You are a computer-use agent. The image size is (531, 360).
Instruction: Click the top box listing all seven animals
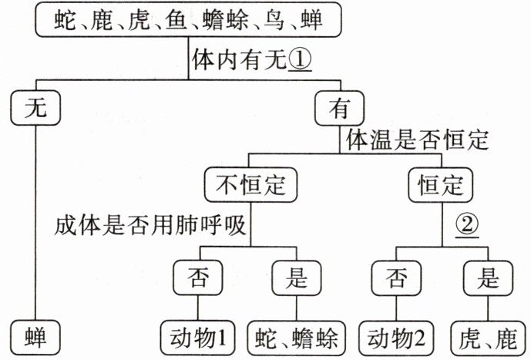coord(188,19)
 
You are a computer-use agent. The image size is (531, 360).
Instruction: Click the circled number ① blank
coord(300,60)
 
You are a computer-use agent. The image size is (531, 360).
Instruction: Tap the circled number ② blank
coord(467,224)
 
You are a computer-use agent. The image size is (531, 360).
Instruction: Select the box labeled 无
coord(35,108)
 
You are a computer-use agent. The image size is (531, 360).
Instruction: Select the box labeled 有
coord(340,108)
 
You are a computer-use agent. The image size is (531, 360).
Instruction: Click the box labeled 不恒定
coord(250,185)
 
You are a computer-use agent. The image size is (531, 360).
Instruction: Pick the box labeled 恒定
coord(440,185)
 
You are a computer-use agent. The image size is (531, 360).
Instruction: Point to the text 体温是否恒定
coord(417,140)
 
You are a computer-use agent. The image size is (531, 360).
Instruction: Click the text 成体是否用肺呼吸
coord(150,225)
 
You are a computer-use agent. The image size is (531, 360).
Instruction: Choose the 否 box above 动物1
coord(198,278)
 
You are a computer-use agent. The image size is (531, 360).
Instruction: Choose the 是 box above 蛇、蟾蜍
coord(296,278)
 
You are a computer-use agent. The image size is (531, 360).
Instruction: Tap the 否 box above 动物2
coord(396,278)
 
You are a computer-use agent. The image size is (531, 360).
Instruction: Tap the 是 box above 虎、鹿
coord(488,278)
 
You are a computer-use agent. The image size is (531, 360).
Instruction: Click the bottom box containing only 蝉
coord(35,338)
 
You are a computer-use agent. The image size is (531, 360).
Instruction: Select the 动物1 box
coord(198,338)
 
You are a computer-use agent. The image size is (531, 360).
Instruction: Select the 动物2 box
coord(396,338)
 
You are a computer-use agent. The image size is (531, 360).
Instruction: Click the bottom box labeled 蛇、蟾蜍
coord(297,338)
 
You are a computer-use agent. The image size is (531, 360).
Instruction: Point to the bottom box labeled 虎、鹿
coord(488,338)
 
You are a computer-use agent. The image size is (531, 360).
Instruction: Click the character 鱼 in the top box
coord(176,20)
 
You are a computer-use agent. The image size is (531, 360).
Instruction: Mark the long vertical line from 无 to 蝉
coord(35,223)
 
